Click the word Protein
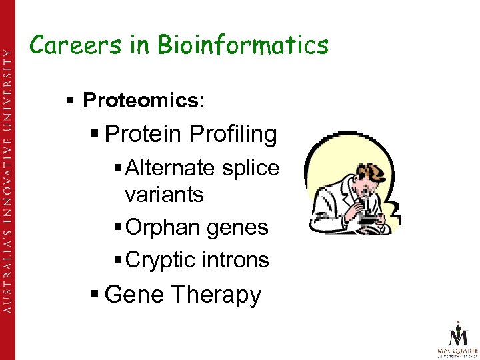(x=143, y=134)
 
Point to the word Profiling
(x=233, y=134)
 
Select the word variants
(x=163, y=195)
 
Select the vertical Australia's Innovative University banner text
(x=9, y=180)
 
